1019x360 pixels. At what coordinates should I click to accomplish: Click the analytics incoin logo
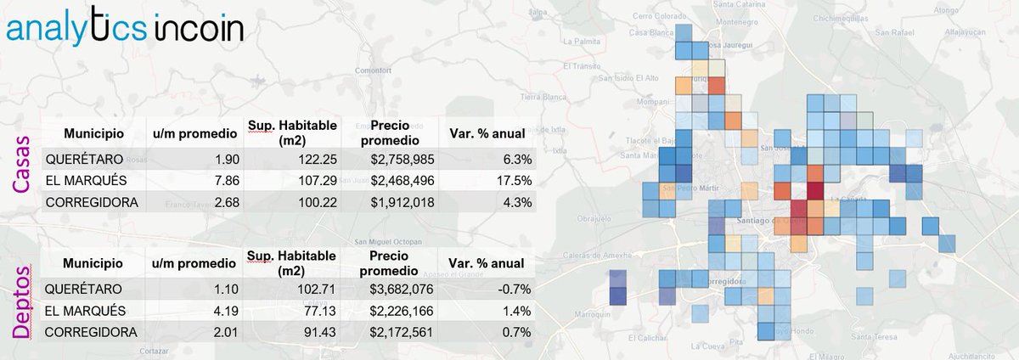125,30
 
